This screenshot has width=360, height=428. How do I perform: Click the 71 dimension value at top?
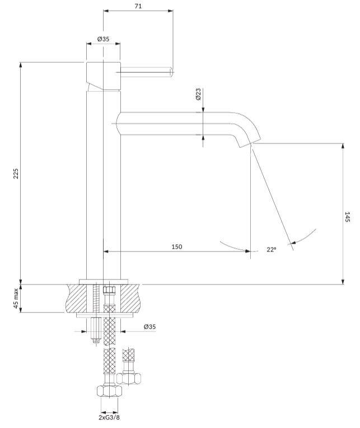click(x=138, y=6)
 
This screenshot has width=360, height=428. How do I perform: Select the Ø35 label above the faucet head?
click(x=103, y=39)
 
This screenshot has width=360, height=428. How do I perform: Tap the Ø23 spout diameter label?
click(x=199, y=94)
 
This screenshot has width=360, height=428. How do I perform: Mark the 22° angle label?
click(x=272, y=250)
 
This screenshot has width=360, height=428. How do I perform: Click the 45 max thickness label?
click(x=16, y=299)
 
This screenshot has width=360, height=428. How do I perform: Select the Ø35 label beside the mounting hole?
click(x=149, y=326)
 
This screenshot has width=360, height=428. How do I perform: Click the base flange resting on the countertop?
click(x=104, y=281)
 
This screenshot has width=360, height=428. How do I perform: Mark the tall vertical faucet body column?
click(x=104, y=185)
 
